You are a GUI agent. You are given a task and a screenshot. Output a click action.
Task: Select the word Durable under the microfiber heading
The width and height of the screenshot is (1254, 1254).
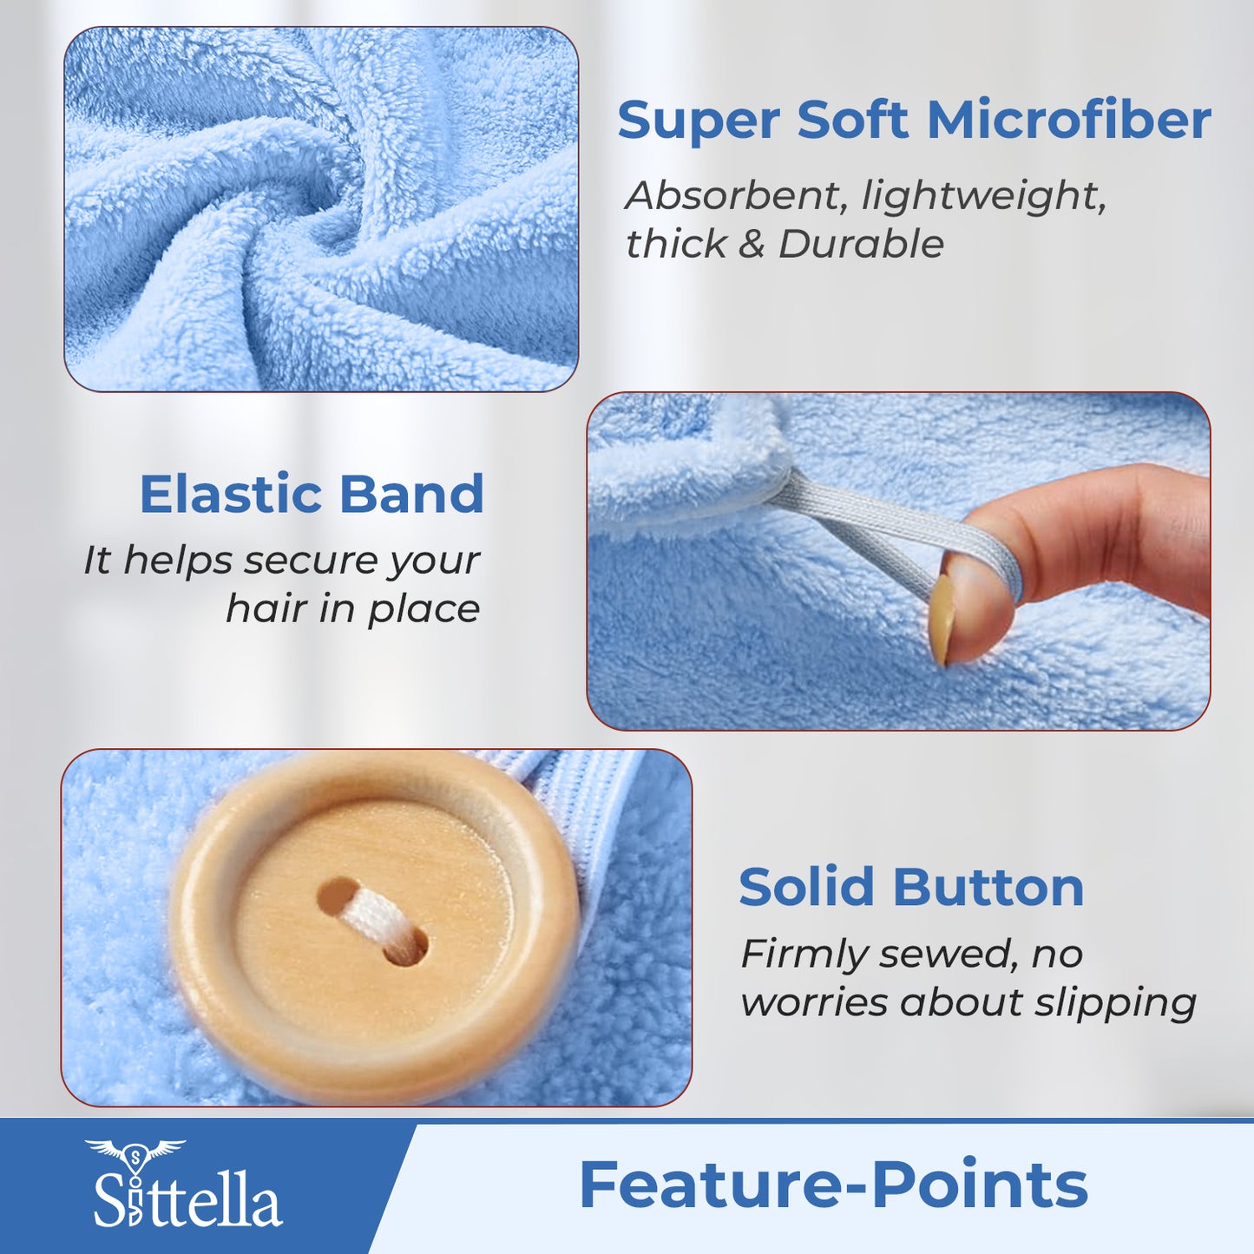(x=861, y=244)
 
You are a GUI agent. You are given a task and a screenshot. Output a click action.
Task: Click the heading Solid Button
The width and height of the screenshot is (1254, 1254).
(x=911, y=887)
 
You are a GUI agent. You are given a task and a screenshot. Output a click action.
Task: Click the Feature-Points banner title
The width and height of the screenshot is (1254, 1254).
(x=833, y=1185)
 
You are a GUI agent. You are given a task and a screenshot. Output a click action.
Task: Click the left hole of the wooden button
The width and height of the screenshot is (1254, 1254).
(x=338, y=896)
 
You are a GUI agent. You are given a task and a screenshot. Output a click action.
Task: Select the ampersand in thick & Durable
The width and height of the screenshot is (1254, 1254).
(x=751, y=244)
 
